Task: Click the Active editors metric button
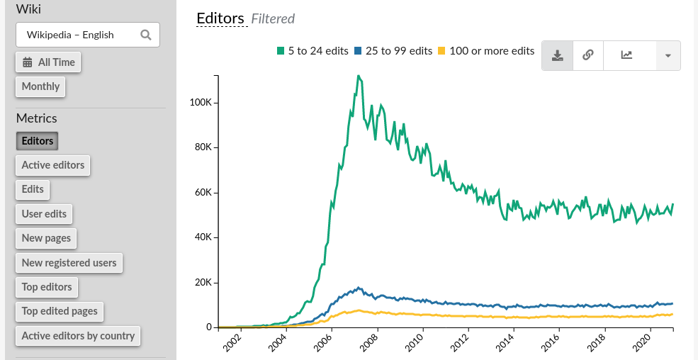[52, 165]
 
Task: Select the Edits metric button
[33, 189]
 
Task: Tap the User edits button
[44, 214]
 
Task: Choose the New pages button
[46, 238]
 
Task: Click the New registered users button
[69, 263]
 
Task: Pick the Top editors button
[47, 287]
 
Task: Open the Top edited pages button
[60, 311]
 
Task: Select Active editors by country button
[78, 336]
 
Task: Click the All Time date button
[48, 62]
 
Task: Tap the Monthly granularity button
[40, 86]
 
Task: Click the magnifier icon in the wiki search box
[146, 35]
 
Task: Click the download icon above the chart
[558, 55]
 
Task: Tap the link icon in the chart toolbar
[587, 55]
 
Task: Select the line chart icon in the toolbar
[626, 55]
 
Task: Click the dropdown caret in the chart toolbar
[668, 55]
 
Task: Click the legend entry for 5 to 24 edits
[313, 51]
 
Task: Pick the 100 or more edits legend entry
[486, 51]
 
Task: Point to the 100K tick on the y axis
[201, 103]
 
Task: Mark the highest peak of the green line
[359, 76]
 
